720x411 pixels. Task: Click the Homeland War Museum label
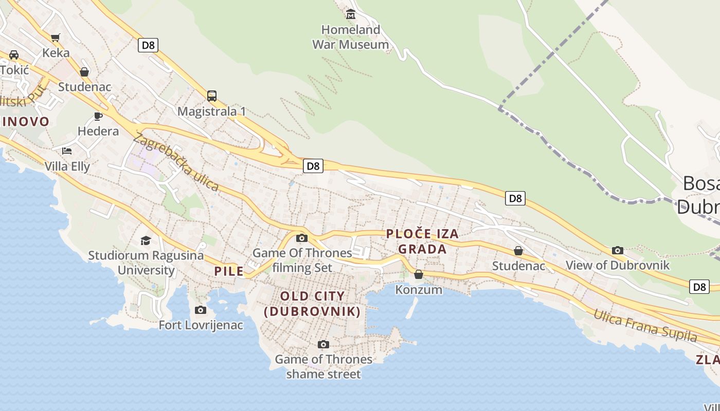coord(351,37)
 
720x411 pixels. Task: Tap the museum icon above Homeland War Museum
coord(351,14)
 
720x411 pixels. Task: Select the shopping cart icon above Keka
coord(55,38)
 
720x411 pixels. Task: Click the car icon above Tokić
coord(14,54)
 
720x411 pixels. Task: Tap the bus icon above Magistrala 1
coord(212,96)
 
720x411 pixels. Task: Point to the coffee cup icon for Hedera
coord(98,116)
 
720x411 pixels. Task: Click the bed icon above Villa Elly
coord(67,151)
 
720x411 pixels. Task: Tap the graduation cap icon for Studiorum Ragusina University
coord(146,240)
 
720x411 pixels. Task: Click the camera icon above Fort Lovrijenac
coord(201,310)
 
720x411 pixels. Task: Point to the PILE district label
coord(229,271)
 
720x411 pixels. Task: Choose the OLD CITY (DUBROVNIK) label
coord(312,304)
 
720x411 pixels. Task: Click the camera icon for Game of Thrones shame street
coord(323,344)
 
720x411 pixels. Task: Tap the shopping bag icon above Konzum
coord(419,274)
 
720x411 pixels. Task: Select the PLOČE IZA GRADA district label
coord(422,241)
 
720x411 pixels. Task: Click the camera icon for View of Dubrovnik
coord(618,250)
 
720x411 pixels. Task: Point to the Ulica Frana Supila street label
coord(645,326)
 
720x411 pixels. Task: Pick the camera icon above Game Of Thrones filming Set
coord(302,238)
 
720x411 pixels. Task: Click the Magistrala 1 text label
coord(212,111)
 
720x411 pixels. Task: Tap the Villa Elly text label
coord(67,166)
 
